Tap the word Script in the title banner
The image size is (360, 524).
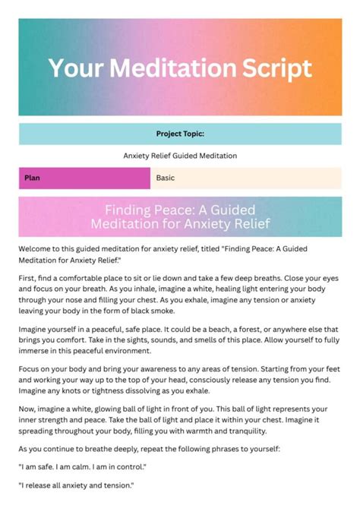[275, 68]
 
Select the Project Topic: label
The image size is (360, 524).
[180, 134]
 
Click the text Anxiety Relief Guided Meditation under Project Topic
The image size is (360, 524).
[180, 156]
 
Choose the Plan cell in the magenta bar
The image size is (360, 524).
[32, 178]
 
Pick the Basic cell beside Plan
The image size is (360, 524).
[165, 178]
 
